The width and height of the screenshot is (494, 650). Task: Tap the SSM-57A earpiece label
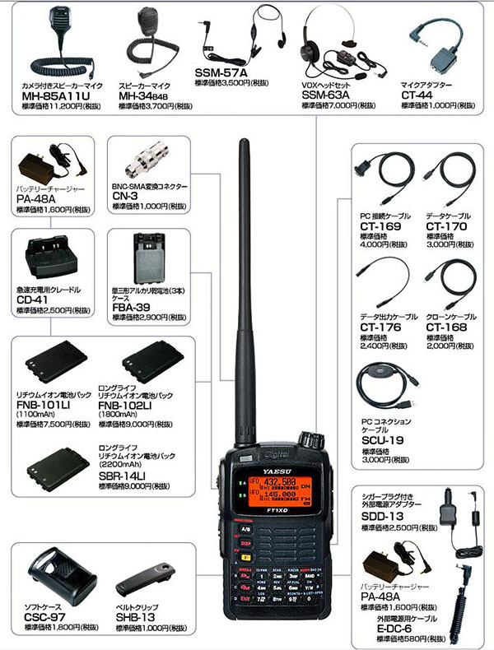(x=221, y=72)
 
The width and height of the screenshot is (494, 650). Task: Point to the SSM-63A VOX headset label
(x=325, y=95)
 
